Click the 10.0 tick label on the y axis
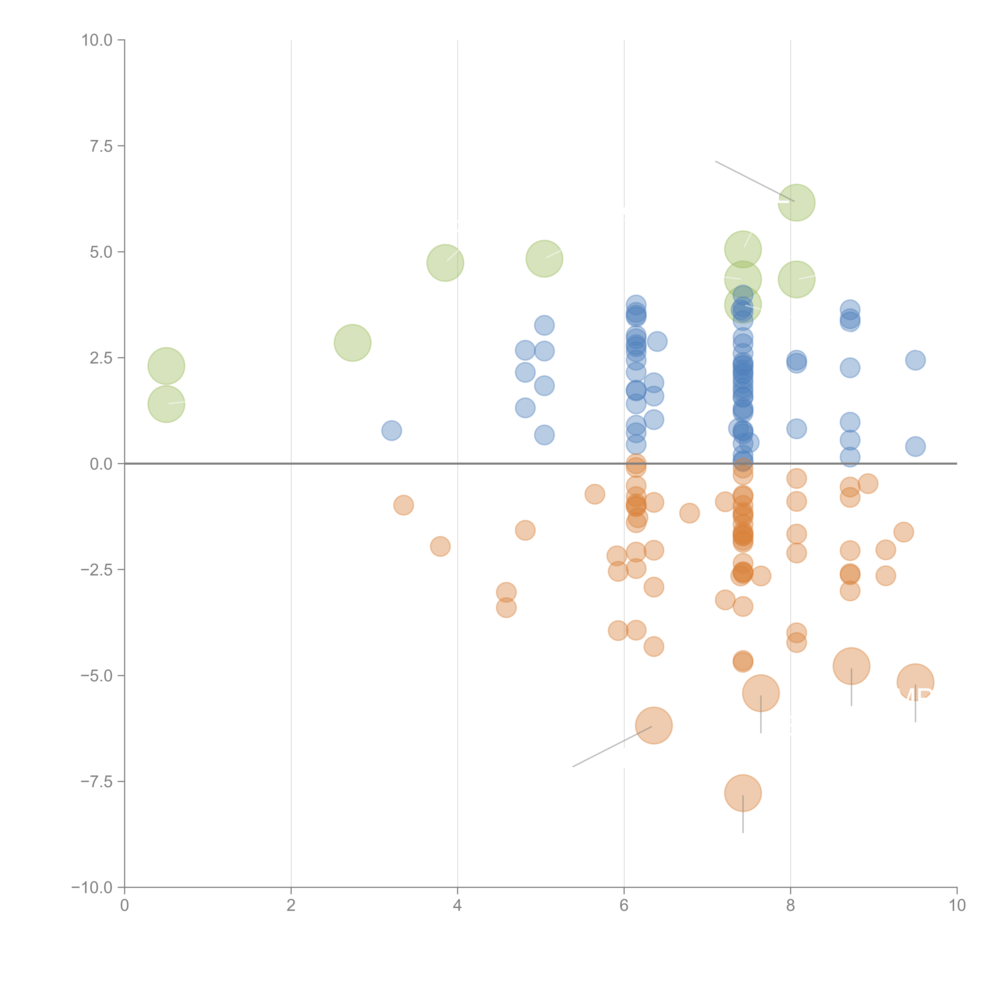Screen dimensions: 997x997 (x=97, y=40)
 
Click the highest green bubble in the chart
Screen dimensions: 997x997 (x=796, y=202)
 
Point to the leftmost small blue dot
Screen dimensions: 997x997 (x=392, y=430)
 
